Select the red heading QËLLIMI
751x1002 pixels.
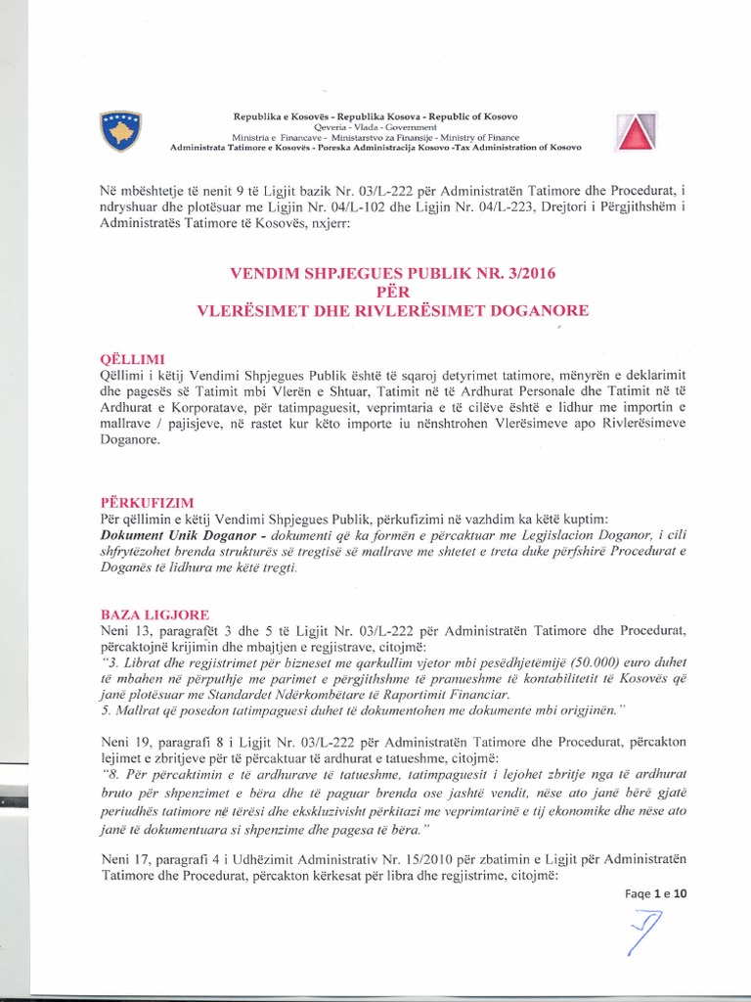[120, 359]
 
